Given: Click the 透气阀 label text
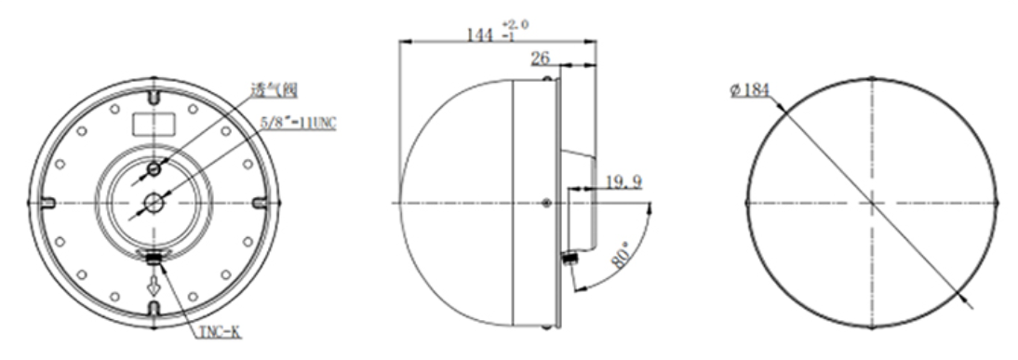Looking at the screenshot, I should [x=275, y=89].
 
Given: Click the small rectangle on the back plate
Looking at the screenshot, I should [x=153, y=122].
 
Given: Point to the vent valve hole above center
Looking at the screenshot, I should [x=154, y=168].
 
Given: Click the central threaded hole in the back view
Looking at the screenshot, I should [x=154, y=201].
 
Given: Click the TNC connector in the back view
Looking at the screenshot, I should [x=154, y=260].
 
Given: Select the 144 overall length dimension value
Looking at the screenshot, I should [x=480, y=34].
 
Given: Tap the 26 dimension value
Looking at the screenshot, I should [x=541, y=58].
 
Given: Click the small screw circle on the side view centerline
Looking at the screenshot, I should [x=546, y=203].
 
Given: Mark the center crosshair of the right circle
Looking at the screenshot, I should [x=871, y=202].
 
